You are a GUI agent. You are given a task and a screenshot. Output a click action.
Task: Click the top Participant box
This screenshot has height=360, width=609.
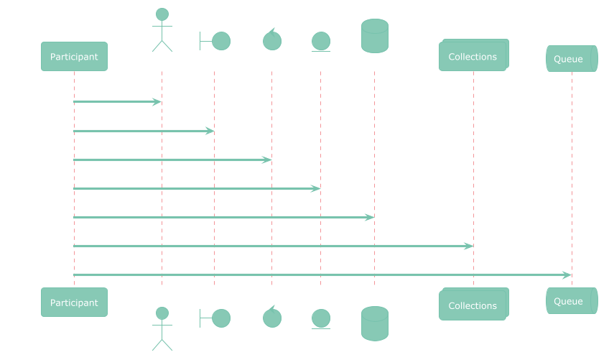74,57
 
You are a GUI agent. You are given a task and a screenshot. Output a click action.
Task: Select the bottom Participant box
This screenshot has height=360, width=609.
74,303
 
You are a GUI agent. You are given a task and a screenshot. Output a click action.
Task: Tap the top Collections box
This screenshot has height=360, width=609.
473,57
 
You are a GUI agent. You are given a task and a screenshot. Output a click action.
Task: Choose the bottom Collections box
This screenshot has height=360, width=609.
473,305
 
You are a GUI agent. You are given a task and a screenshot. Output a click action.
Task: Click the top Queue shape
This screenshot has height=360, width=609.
572,59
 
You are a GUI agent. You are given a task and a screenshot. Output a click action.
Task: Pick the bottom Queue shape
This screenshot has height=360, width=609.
572,301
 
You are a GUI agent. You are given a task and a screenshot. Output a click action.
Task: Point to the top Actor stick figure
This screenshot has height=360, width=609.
162,30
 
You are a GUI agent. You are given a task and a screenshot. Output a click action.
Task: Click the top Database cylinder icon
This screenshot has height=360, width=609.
374,36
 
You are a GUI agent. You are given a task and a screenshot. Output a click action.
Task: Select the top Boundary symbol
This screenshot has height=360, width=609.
214,41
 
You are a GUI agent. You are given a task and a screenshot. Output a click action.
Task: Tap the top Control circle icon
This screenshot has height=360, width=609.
271,40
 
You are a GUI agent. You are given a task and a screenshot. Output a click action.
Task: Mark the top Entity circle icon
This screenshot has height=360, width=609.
320,41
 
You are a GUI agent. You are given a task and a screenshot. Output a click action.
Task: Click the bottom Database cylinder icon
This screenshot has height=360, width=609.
374,323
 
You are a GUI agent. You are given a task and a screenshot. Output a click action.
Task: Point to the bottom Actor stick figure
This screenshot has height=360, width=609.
162,328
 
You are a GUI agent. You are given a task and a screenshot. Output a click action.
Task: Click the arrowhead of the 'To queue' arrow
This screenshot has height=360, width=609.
567,275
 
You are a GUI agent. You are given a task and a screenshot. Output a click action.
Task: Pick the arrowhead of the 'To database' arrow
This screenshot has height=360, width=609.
370,217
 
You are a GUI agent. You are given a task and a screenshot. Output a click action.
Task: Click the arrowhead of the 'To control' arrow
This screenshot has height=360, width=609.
267,160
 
